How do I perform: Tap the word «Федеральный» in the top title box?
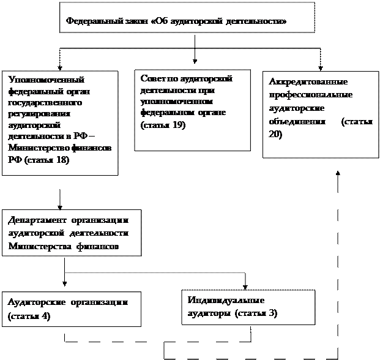pyautogui.click(x=92, y=21)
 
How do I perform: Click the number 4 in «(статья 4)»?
pyautogui.click(x=44, y=317)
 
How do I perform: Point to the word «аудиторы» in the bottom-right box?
pyautogui.click(x=206, y=313)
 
